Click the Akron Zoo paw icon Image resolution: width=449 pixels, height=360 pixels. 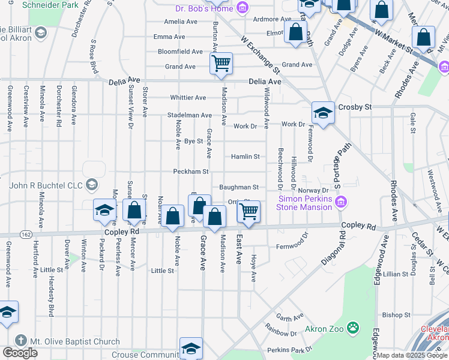click(355, 328)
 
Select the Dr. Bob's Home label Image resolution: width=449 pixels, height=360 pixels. click(203, 8)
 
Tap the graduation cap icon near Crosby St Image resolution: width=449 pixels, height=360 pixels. click(322, 113)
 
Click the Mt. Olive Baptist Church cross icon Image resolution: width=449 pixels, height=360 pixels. click(21, 341)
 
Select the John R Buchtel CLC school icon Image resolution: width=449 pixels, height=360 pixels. click(92, 184)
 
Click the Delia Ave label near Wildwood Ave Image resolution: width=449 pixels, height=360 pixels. click(266, 82)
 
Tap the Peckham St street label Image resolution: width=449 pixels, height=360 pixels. click(190, 172)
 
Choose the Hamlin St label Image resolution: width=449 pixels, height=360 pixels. click(246, 157)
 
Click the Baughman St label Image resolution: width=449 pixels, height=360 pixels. click(239, 188)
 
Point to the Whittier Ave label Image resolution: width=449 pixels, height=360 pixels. click(188, 98)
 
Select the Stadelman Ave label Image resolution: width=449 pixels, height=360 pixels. click(190, 115)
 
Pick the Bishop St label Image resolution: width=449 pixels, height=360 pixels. click(396, 314)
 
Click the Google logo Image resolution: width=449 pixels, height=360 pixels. click(20, 353)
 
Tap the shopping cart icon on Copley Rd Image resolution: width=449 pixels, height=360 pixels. click(249, 211)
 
